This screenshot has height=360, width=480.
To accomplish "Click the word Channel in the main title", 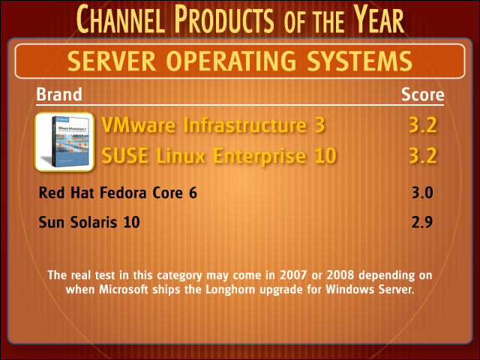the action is (119, 19).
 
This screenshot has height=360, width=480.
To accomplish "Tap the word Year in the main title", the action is (379, 19).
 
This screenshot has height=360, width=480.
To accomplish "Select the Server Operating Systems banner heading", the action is (240, 61).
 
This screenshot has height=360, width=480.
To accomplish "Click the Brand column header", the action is (59, 94).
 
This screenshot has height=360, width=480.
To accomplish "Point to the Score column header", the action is (422, 94).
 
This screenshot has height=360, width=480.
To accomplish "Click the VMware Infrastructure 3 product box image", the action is (64, 142).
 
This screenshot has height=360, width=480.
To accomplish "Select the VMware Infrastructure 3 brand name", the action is (213, 125).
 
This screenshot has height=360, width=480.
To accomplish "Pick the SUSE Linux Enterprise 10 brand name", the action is (219, 155).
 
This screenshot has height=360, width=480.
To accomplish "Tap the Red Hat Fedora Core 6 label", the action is (118, 193).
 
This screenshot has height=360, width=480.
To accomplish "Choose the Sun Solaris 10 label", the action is (89, 222).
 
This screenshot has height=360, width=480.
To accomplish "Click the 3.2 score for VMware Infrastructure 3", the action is (423, 125).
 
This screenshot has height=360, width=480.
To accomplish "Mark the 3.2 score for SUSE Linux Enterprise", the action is (423, 155).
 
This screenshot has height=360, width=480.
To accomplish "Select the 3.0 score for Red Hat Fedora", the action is (422, 193).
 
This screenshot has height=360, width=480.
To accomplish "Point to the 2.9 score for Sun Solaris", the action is (422, 222).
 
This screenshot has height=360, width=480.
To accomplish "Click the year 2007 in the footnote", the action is (293, 275).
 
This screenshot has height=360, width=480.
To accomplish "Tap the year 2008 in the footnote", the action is (340, 275).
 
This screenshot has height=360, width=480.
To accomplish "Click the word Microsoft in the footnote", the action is (124, 289).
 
